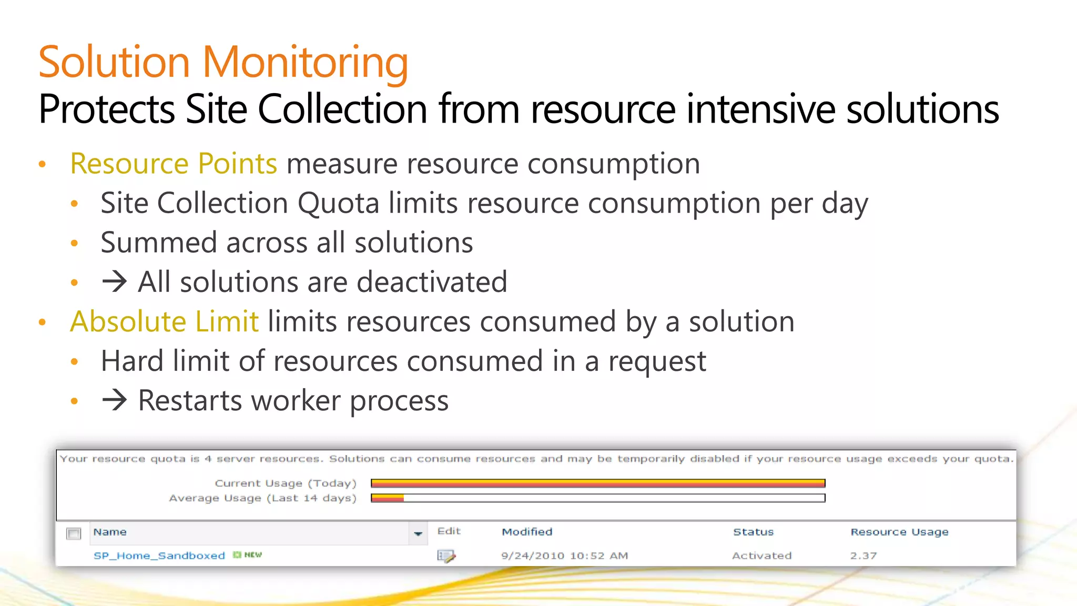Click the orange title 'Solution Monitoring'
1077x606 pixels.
point(223,62)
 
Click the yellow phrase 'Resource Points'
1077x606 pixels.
point(174,164)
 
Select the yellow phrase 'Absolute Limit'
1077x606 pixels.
point(164,321)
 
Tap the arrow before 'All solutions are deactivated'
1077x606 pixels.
point(115,282)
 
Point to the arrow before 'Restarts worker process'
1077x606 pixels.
point(115,400)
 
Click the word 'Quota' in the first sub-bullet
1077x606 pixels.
point(338,203)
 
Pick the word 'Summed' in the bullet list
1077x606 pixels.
point(158,243)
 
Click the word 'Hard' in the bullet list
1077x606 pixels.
point(132,361)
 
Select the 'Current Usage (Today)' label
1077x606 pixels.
point(286,483)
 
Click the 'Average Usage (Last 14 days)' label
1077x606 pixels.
point(262,498)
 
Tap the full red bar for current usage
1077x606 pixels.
point(598,483)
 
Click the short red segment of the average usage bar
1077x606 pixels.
point(388,498)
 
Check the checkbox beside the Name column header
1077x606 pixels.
point(74,533)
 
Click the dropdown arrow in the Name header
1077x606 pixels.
point(418,533)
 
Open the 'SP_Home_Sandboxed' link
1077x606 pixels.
point(159,555)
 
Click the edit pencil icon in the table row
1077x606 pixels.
point(446,555)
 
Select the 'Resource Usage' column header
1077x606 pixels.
point(899,532)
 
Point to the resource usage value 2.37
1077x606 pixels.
point(863,555)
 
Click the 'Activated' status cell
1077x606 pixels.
point(761,555)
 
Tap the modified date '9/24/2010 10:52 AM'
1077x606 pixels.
point(564,555)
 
